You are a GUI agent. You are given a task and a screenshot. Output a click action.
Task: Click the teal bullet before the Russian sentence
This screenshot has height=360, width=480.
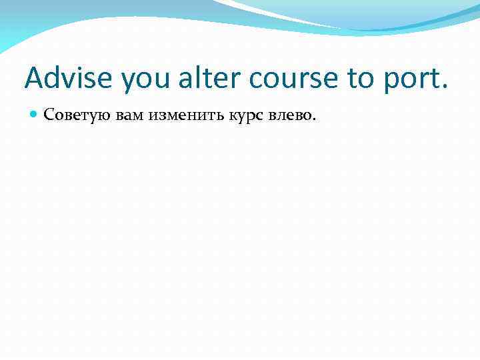tap(34, 115)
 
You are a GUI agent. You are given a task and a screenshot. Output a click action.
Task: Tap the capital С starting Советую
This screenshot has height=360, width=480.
tap(47, 115)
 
